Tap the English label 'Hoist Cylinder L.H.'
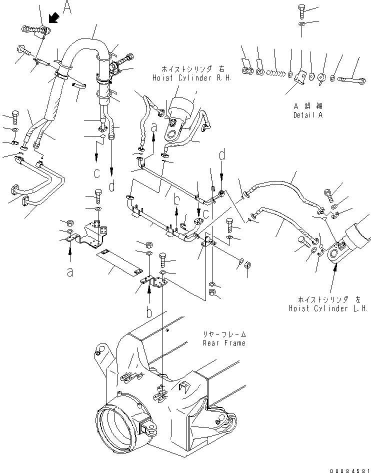pos(328,308)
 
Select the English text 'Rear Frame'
pos(224,343)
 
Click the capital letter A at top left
pos(67,6)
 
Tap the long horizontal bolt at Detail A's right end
pos(345,78)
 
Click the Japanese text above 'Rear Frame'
pos(224,334)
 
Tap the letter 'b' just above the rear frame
pos(149,313)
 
